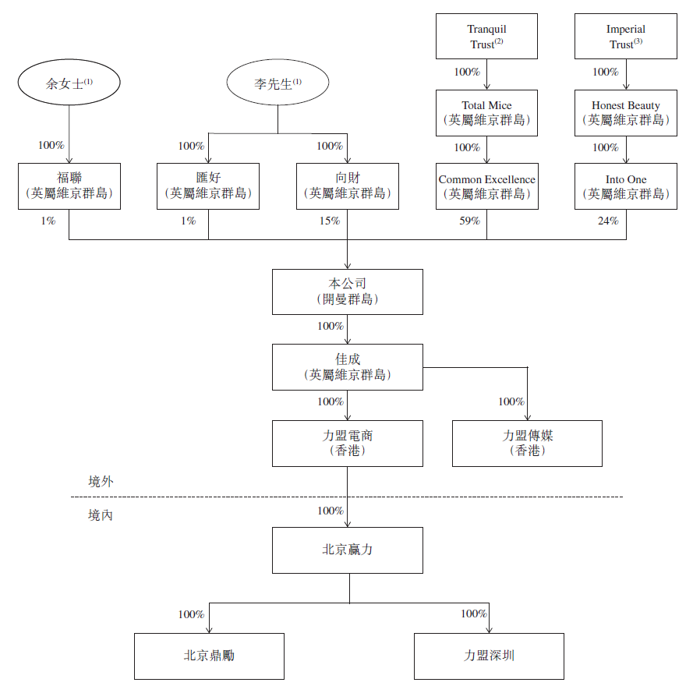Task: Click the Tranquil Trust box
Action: click(486, 36)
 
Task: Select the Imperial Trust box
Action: click(626, 36)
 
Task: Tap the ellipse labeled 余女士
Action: click(69, 82)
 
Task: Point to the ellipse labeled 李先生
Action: click(278, 82)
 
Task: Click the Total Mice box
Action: click(486, 113)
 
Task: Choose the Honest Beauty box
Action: click(626, 113)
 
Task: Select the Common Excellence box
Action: click(487, 186)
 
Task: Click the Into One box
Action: click(626, 186)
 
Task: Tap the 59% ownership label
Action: click(469, 221)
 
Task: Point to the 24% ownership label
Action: click(608, 221)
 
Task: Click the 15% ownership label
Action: click(330, 221)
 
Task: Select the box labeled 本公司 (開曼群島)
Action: click(348, 292)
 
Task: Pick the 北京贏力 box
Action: click(348, 550)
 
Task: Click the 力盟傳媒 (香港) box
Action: click(527, 444)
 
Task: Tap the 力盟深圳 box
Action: click(489, 656)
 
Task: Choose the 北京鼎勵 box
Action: click(209, 656)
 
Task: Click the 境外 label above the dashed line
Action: click(101, 481)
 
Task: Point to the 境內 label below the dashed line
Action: click(101, 515)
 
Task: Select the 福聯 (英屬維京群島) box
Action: click(69, 186)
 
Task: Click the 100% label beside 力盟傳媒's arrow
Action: click(511, 401)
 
